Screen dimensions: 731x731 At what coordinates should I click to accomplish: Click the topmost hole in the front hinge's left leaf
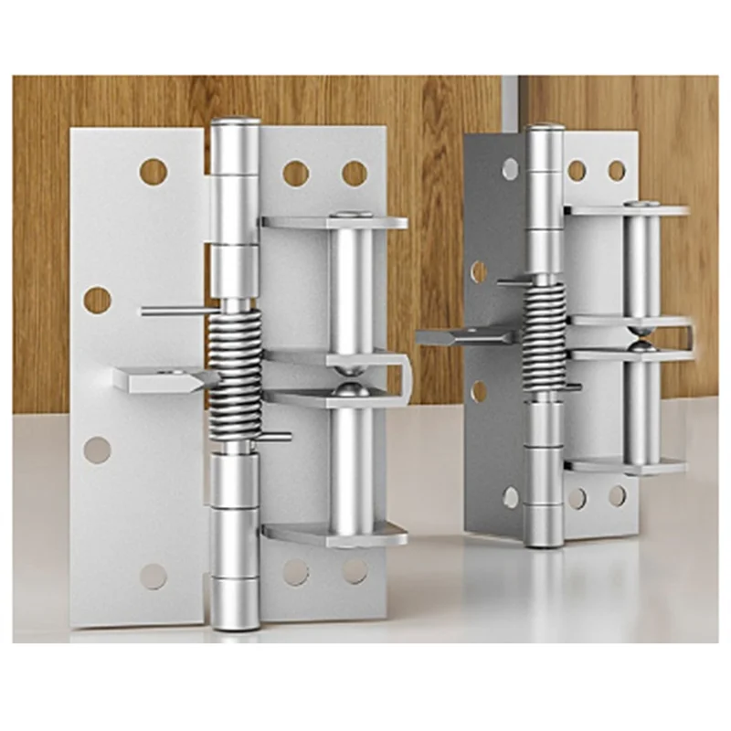click(x=154, y=171)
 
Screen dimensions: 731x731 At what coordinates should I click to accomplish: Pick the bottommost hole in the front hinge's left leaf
click(x=154, y=576)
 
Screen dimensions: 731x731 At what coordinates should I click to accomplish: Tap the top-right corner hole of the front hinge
click(x=355, y=173)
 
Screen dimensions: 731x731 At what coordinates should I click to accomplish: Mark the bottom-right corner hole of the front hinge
click(x=355, y=571)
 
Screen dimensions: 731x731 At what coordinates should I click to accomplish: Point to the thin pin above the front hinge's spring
click(x=178, y=312)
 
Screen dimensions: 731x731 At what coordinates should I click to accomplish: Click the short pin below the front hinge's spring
click(x=275, y=437)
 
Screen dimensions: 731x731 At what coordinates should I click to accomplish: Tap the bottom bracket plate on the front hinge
click(x=334, y=533)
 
